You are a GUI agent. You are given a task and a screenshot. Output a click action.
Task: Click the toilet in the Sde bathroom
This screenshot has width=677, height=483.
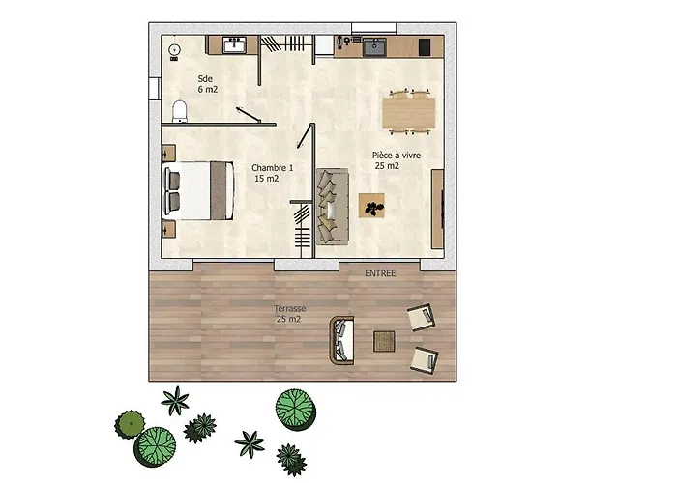180,111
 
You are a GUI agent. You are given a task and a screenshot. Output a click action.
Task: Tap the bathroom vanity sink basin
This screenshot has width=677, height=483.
234,44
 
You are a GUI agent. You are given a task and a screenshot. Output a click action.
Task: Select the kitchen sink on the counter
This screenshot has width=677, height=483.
374,47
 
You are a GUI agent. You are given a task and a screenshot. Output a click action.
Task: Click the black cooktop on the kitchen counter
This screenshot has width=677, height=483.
425,47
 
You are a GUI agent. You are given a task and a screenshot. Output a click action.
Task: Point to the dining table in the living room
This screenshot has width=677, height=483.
408,113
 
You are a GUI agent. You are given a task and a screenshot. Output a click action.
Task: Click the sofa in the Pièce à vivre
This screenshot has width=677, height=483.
333,207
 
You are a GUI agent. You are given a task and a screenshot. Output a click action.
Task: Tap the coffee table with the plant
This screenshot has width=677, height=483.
371,206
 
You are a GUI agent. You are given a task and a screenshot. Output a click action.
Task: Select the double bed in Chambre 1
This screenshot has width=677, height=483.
198,190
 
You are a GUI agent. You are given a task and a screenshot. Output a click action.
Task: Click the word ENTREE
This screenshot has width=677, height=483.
380,273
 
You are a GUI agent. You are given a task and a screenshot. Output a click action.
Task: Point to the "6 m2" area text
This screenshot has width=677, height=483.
208,90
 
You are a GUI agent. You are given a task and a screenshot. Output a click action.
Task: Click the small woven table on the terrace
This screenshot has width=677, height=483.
384,342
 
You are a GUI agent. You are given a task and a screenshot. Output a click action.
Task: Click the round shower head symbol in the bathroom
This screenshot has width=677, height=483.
174,50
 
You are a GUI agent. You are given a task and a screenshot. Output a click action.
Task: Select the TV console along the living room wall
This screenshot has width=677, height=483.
438,209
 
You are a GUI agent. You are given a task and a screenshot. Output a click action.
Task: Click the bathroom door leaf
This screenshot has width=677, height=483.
249,115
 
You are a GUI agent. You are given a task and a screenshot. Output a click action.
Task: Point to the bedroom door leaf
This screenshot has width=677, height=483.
305,136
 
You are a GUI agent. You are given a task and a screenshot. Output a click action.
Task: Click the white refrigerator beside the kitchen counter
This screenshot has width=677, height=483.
324,44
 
